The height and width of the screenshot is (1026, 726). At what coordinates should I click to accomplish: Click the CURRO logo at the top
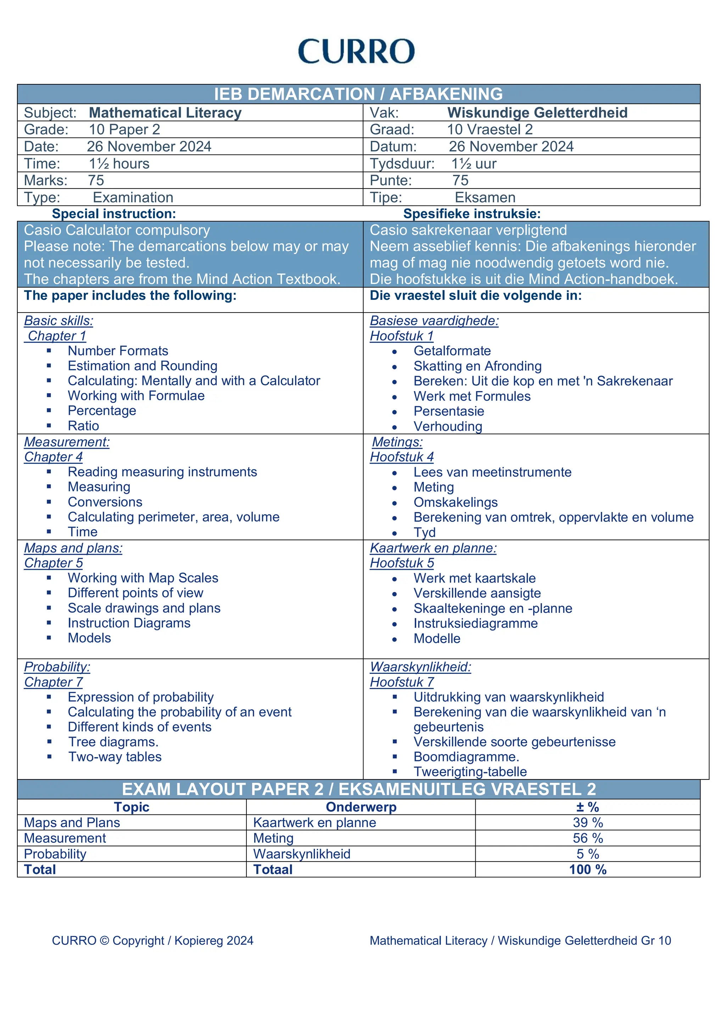(x=356, y=51)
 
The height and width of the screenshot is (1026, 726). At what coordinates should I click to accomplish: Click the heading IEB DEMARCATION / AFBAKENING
(x=358, y=94)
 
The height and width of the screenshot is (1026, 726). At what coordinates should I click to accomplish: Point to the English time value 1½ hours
(x=119, y=164)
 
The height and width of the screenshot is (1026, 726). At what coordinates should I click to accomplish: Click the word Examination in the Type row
(x=133, y=198)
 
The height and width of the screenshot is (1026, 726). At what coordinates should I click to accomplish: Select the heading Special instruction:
(x=114, y=214)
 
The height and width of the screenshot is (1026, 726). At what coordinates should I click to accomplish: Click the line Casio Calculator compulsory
(x=117, y=230)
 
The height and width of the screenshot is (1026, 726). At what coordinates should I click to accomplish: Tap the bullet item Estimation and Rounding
(x=142, y=366)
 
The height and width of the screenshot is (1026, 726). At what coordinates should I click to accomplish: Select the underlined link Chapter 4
(x=53, y=457)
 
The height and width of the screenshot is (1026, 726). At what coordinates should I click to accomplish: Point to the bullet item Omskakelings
(x=455, y=502)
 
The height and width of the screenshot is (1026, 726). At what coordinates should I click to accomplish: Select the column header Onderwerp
(x=361, y=807)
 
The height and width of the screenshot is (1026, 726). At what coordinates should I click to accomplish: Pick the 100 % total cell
(x=587, y=870)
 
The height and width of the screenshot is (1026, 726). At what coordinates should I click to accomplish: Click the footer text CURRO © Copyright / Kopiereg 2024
(x=152, y=941)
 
